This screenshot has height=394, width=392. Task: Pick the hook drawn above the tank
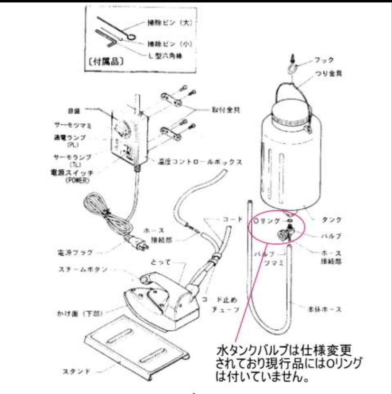pyautogui.click(x=293, y=66)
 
